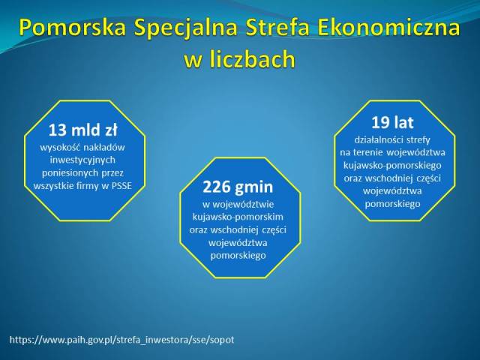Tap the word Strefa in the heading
[x=277, y=28]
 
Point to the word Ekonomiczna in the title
[x=388, y=28]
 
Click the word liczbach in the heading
[x=253, y=58]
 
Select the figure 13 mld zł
[x=83, y=130]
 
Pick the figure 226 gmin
[x=238, y=187]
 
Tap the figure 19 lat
[x=392, y=122]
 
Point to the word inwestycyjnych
[x=82, y=160]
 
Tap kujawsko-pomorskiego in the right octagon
[x=392, y=166]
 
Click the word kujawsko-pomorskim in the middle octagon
[x=238, y=217]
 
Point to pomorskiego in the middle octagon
[x=238, y=256]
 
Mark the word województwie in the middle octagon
[x=242, y=204]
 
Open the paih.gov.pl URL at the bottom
[x=121, y=340]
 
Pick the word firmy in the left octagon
[x=88, y=186]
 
